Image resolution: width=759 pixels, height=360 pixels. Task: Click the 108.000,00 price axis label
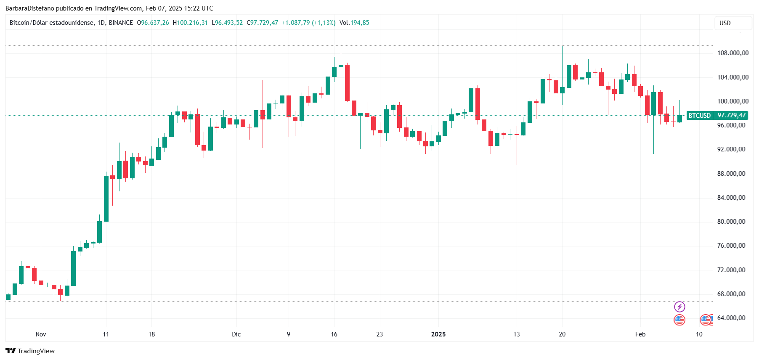732,53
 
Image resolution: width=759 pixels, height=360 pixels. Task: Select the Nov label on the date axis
41,334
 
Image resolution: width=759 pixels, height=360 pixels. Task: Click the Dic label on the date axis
236,334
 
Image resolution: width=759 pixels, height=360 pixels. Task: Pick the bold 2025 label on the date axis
438,334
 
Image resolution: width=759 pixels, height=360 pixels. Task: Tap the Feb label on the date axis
640,334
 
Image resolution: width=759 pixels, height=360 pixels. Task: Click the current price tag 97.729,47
732,115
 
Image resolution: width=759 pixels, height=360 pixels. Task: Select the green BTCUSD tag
700,115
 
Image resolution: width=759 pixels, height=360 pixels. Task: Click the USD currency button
733,23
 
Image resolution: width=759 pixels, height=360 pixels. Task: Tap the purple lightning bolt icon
679,307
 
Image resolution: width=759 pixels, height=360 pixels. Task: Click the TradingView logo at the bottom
30,351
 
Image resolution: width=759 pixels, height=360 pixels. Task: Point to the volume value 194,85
360,23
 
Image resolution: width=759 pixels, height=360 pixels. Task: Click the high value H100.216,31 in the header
190,23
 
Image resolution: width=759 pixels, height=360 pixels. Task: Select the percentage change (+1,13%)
324,23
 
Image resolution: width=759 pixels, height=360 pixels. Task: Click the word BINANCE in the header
121,23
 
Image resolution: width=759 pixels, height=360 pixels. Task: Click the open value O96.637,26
153,23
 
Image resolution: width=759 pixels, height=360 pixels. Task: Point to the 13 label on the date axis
517,334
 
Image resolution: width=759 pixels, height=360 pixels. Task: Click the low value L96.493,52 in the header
227,23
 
